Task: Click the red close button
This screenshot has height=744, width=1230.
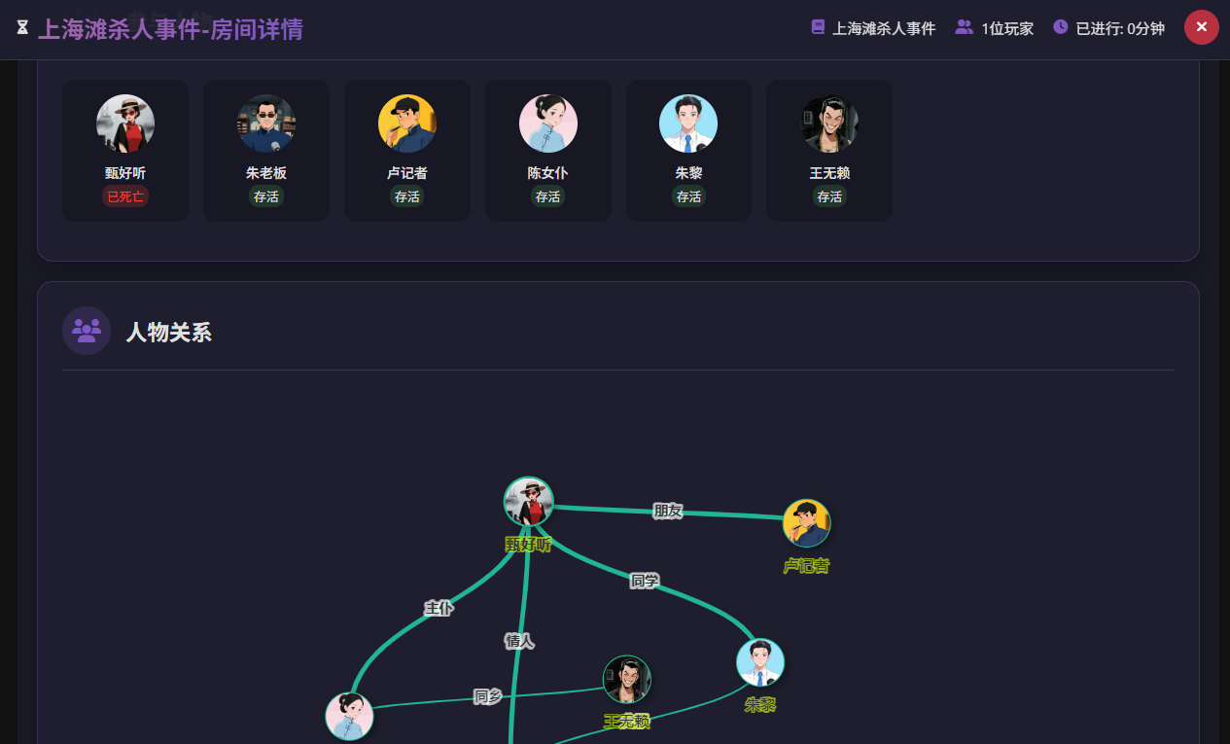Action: pyautogui.click(x=1201, y=27)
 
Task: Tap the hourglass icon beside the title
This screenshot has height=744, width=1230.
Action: pyautogui.click(x=22, y=27)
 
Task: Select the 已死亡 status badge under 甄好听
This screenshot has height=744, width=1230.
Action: pyautogui.click(x=125, y=196)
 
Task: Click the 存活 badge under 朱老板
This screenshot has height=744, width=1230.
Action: pyautogui.click(x=266, y=196)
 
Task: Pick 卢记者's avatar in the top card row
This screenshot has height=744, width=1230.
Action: pyautogui.click(x=406, y=124)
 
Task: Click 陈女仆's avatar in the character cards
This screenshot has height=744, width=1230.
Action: pyautogui.click(x=548, y=124)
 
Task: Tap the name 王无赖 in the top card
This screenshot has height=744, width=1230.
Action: pyautogui.click(x=829, y=173)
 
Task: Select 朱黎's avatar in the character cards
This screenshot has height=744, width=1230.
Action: pyautogui.click(x=688, y=124)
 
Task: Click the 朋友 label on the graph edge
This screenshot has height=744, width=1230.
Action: pyautogui.click(x=667, y=511)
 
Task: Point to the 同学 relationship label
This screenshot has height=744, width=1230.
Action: pyautogui.click(x=645, y=581)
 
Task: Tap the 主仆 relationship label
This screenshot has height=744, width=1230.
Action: pyautogui.click(x=439, y=609)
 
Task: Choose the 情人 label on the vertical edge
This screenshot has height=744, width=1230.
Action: pyautogui.click(x=519, y=641)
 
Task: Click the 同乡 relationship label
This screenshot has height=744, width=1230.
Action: pyautogui.click(x=487, y=696)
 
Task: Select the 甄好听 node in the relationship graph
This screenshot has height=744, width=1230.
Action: pyautogui.click(x=529, y=501)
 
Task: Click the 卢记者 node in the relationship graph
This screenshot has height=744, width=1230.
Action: pyautogui.click(x=807, y=523)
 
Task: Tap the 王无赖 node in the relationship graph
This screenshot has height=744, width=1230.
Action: pyautogui.click(x=627, y=679)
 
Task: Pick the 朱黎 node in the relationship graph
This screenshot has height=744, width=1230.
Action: pyautogui.click(x=760, y=662)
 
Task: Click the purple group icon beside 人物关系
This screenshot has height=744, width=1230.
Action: pyautogui.click(x=87, y=331)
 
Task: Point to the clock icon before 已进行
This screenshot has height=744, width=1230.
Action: pyautogui.click(x=1060, y=27)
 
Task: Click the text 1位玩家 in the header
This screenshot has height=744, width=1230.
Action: pyautogui.click(x=1007, y=28)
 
